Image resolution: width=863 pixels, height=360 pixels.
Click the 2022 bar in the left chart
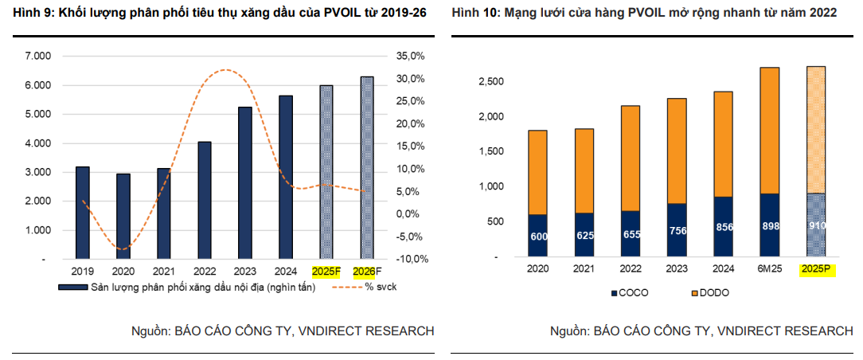[205, 200]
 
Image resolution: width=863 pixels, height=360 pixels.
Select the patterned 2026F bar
[367, 167]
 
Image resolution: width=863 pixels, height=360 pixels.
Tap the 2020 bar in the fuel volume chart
[123, 216]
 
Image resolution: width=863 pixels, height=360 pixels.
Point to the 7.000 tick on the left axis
[37, 56]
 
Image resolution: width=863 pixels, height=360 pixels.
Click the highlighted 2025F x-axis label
[326, 272]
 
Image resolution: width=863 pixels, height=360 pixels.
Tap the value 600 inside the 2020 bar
[538, 237]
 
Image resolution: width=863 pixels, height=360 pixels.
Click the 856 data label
[724, 226]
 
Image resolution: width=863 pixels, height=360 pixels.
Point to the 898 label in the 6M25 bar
[771, 226]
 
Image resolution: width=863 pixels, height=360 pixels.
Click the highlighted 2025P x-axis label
[816, 270]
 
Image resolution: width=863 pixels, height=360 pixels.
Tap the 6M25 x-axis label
[770, 270]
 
